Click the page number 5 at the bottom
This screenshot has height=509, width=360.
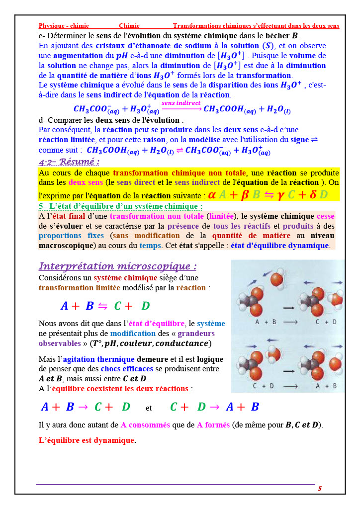[320, 489]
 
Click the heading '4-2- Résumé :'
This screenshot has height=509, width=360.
[69, 162]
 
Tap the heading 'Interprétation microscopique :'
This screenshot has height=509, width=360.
[118, 266]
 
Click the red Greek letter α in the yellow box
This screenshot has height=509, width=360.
[212, 194]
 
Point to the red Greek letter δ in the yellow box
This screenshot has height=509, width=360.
[313, 194]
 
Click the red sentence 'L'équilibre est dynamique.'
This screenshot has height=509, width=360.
[87, 440]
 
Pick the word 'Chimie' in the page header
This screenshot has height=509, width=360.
[129, 26]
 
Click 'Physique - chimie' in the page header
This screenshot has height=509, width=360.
[64, 26]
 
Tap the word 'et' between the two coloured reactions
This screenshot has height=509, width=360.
[149, 408]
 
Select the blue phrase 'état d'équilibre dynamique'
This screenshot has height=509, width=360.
[279, 246]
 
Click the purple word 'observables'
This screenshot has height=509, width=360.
[59, 343]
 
